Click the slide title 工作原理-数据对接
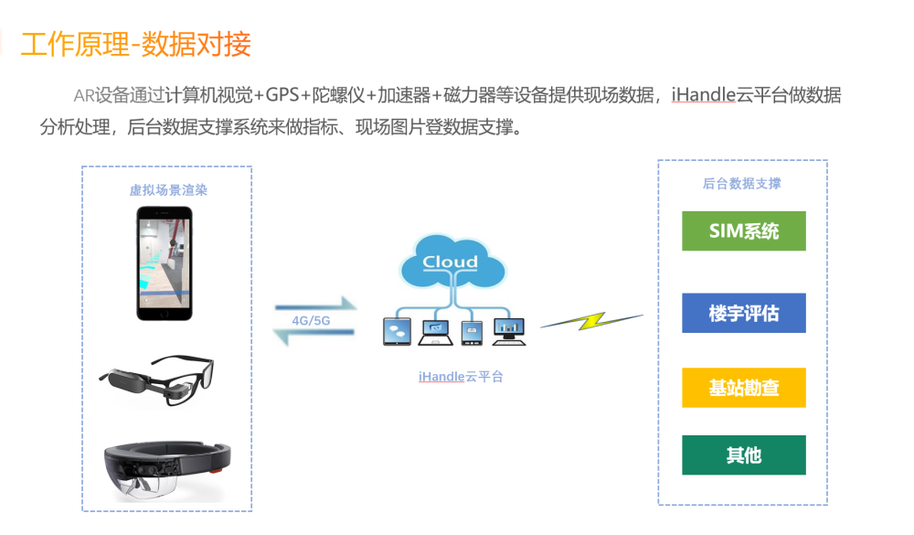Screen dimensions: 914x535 coord(136,44)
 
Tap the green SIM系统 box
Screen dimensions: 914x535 coord(744,231)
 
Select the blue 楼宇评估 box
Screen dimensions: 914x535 coord(744,314)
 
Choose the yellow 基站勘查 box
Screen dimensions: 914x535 coord(744,388)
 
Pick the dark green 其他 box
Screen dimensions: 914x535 coord(744,455)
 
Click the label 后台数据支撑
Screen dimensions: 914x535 coord(741,184)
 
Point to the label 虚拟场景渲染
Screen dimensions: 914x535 coord(168,190)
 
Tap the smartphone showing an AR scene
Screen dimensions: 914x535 coord(165,263)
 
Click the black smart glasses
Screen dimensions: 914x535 coord(157,380)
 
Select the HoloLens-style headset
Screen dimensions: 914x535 coord(167,471)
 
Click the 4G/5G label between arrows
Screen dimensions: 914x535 coord(311,321)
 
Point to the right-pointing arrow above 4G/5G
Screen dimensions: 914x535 coord(315,305)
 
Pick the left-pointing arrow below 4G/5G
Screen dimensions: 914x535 coord(314,335)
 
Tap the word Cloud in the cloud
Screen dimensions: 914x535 coord(450,262)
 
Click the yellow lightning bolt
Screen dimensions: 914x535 coord(591,321)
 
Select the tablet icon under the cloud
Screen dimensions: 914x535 coord(397,331)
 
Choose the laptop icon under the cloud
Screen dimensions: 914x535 coord(435,332)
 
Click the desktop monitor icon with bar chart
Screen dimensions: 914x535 coord(509,331)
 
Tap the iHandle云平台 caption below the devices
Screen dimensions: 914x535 coord(461,377)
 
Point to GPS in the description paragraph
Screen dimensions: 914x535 coord(282,94)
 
